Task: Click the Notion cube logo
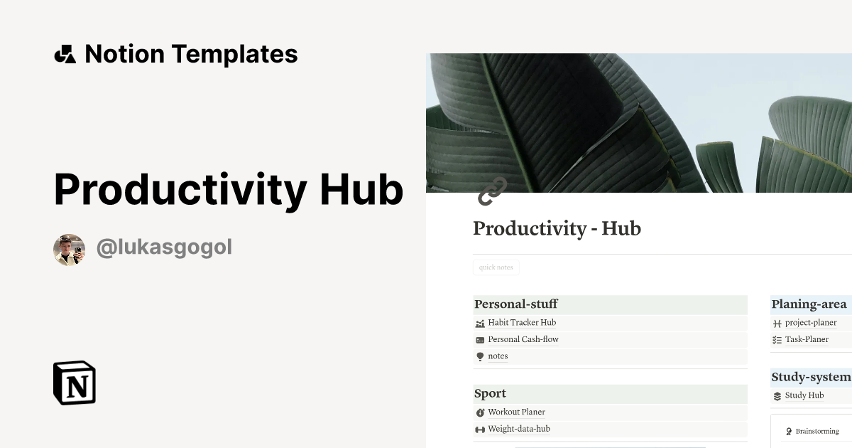75,383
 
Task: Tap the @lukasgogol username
164,247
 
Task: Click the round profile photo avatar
69,250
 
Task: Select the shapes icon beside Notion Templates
65,54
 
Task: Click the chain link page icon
492,191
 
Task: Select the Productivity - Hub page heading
557,229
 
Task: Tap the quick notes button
496,267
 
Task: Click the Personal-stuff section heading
516,304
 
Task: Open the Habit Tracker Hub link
522,323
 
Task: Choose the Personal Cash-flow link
523,340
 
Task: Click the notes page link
498,356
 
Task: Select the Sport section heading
491,393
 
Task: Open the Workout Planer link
516,412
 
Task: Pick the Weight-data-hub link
518,430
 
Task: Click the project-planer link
811,323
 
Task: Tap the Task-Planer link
807,340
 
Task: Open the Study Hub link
804,396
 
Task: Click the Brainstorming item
816,432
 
